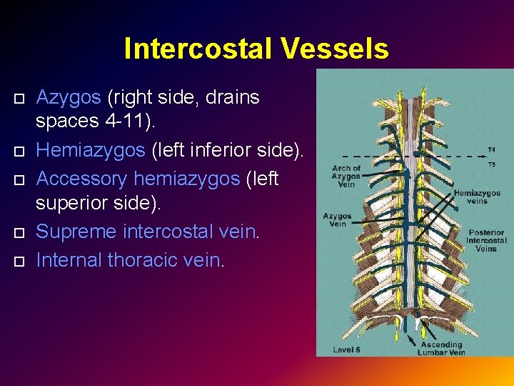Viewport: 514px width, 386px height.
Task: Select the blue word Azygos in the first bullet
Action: click(69, 97)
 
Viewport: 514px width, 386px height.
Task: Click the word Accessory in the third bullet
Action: click(81, 178)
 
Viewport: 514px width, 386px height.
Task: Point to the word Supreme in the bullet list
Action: click(76, 232)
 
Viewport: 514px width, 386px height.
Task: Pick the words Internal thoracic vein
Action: click(130, 260)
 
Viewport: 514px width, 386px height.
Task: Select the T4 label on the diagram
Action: click(491, 150)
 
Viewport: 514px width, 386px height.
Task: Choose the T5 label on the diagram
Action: click(491, 164)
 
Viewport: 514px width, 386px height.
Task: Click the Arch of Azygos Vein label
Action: click(347, 177)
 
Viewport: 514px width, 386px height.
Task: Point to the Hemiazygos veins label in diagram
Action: click(477, 197)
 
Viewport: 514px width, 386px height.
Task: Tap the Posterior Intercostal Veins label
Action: click(487, 240)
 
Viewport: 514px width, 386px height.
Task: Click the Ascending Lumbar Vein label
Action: click(442, 348)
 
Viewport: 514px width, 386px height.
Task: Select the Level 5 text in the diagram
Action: click(347, 350)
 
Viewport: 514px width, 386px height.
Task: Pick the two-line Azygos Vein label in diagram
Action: click(337, 219)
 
